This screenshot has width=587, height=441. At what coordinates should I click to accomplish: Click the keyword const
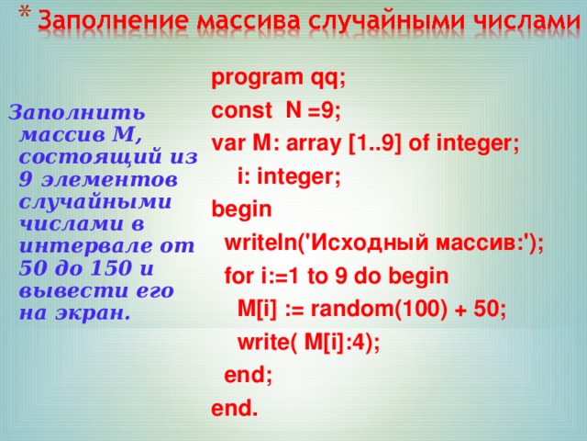coord(241,112)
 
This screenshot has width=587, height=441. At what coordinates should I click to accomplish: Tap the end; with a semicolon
coord(249,375)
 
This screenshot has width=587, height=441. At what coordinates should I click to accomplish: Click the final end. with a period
coord(234,408)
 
